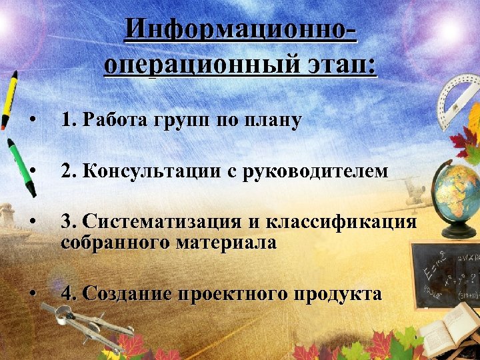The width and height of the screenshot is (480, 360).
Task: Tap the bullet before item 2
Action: click(x=32, y=171)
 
